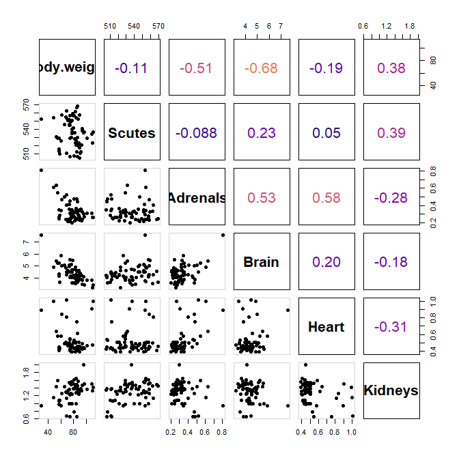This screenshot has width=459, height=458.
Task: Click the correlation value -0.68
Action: click(262, 68)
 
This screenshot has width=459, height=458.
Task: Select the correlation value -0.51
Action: click(197, 68)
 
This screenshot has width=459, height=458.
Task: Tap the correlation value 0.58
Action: click(326, 198)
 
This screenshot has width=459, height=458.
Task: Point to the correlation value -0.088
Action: click(197, 133)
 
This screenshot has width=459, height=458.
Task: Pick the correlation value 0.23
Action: click(262, 133)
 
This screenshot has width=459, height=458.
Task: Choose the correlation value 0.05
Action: click(326, 133)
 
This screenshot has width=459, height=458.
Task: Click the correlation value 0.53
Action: click(262, 198)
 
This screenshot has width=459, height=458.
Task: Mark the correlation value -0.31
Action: click(391, 328)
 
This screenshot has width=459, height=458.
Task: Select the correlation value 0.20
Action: click(326, 263)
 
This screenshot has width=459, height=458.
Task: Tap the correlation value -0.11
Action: click(132, 68)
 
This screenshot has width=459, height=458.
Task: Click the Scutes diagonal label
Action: click(132, 133)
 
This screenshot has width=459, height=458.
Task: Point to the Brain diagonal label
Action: click(262, 263)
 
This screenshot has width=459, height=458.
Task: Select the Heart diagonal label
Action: click(326, 328)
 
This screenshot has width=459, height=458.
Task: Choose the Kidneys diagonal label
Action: click(391, 391)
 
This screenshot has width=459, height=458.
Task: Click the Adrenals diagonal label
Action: click(197, 198)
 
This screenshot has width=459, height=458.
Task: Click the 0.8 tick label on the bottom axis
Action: click(221, 433)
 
